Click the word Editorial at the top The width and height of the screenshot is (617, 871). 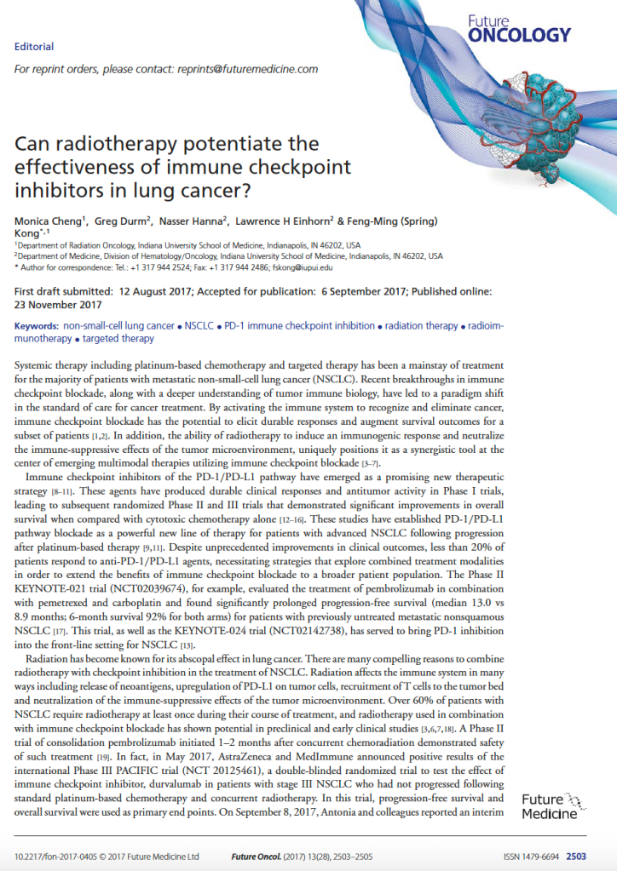point(34,47)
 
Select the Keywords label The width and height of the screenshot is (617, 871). point(37,326)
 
